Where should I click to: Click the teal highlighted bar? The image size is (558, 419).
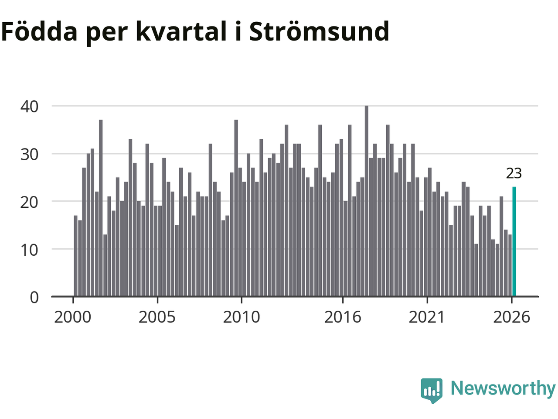point(514,241)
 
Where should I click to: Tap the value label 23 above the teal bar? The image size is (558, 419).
point(514,174)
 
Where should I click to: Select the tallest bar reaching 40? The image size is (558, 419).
point(366,201)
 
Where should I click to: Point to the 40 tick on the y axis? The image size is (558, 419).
point(29,106)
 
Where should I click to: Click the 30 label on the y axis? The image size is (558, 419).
point(29,155)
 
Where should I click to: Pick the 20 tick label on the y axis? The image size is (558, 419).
point(29,202)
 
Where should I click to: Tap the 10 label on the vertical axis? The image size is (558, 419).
point(29,250)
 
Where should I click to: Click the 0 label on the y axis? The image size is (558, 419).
point(34,297)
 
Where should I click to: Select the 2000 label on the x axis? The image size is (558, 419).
point(73,317)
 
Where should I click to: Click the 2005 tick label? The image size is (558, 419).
point(157,317)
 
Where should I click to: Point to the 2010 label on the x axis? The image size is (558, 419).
point(242,317)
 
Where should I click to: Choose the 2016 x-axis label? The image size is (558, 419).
point(343,317)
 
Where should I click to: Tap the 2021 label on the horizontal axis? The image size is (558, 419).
point(427,317)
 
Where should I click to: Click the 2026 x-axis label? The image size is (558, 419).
point(511,317)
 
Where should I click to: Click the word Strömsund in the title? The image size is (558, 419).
point(319,31)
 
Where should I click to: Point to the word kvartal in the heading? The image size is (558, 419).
point(181,31)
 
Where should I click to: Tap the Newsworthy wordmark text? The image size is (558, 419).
point(503,389)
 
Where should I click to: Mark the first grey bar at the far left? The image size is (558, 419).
point(75,256)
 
